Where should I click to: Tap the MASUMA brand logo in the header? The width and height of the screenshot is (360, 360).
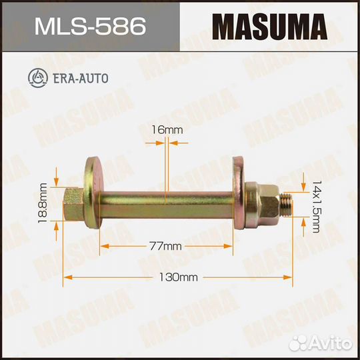point(269,27)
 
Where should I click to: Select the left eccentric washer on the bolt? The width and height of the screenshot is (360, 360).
point(92,192)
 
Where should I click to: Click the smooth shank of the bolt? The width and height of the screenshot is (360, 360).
point(167,200)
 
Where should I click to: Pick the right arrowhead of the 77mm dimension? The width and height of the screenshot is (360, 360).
point(231,247)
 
